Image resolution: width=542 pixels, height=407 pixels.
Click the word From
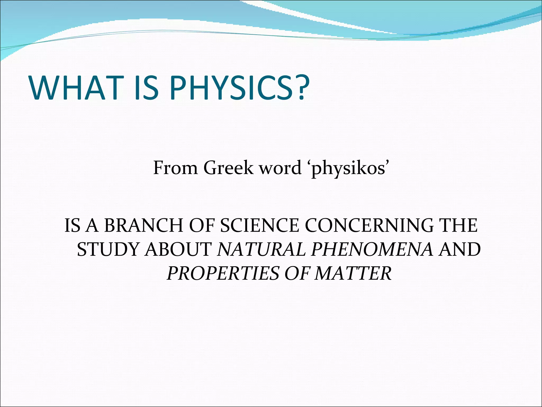click(175, 168)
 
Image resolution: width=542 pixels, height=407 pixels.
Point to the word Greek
click(228, 168)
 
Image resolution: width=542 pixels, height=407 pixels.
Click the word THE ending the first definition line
click(458, 225)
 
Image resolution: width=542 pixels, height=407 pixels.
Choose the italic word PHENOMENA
click(372, 250)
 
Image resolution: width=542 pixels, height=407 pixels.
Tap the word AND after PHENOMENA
click(459, 250)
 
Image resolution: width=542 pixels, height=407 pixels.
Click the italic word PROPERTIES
click(223, 273)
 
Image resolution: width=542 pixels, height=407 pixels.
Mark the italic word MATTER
click(353, 273)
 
